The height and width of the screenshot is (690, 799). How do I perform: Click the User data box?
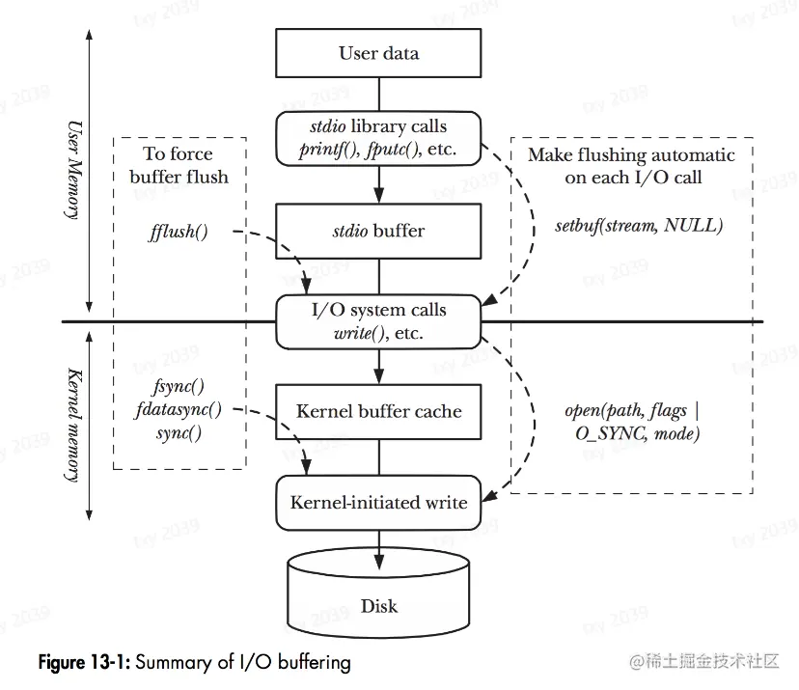(x=378, y=53)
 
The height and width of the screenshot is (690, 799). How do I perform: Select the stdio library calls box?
(x=378, y=139)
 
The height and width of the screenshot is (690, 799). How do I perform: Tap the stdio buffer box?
(x=378, y=231)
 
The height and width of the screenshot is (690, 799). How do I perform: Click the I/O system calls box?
(x=378, y=321)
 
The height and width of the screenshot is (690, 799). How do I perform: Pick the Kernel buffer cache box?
(x=378, y=411)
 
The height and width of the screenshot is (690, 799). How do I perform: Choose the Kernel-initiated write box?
(x=378, y=502)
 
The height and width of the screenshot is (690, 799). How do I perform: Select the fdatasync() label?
(x=179, y=409)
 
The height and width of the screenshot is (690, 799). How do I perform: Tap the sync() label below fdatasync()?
(x=179, y=431)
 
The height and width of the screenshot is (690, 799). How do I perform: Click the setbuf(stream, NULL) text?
(x=639, y=227)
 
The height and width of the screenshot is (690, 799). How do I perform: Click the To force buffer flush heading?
(x=179, y=164)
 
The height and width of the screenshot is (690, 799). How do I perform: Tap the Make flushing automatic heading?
(x=631, y=165)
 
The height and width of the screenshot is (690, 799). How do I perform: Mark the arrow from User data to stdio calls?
(x=378, y=94)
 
